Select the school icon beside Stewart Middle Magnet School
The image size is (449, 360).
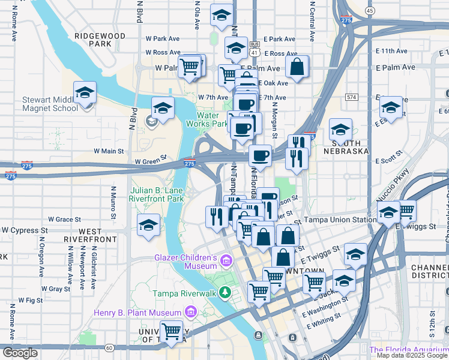85,94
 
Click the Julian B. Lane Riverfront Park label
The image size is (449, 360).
157,194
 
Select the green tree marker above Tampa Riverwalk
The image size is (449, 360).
224,292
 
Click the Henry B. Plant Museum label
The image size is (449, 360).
137,313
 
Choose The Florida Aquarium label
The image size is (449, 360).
408,350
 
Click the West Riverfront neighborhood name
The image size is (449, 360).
90,235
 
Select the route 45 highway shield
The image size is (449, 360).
369,11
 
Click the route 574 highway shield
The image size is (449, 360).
351,97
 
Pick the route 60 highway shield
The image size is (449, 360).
109,347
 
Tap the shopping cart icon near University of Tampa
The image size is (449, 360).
172,331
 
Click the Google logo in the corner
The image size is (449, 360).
19,353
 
